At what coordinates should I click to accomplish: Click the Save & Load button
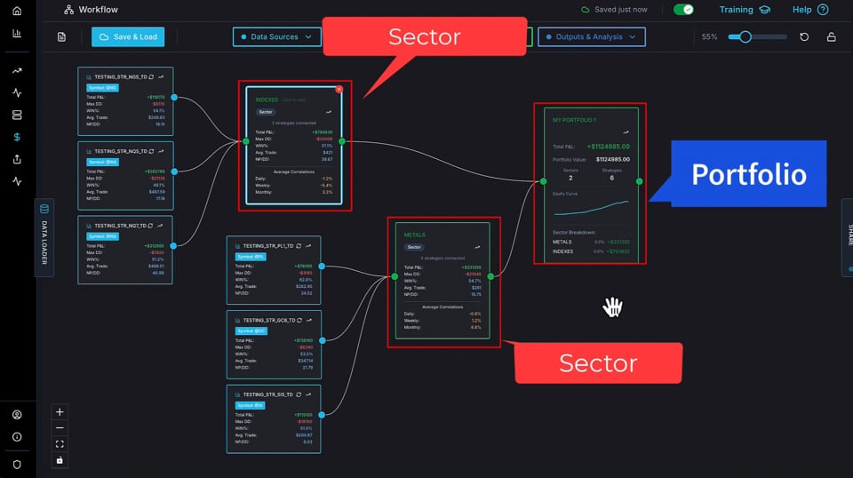pos(127,37)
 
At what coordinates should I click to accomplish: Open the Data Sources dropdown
pos(276,37)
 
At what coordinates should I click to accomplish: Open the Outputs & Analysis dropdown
pos(591,37)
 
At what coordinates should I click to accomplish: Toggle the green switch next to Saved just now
pos(683,10)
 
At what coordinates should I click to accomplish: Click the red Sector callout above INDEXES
pos(424,37)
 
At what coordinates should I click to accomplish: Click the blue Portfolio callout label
pos(748,174)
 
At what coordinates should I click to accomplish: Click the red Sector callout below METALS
pos(597,362)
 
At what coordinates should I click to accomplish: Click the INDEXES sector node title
pos(267,100)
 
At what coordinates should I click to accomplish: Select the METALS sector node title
pos(415,235)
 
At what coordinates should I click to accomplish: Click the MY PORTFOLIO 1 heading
pos(574,119)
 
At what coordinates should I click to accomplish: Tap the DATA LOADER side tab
pos(44,238)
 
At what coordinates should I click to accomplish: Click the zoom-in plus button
pos(60,412)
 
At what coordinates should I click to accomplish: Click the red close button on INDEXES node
pos(339,90)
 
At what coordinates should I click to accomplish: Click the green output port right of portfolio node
pos(639,181)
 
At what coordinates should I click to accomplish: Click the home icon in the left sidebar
pos(17,11)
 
